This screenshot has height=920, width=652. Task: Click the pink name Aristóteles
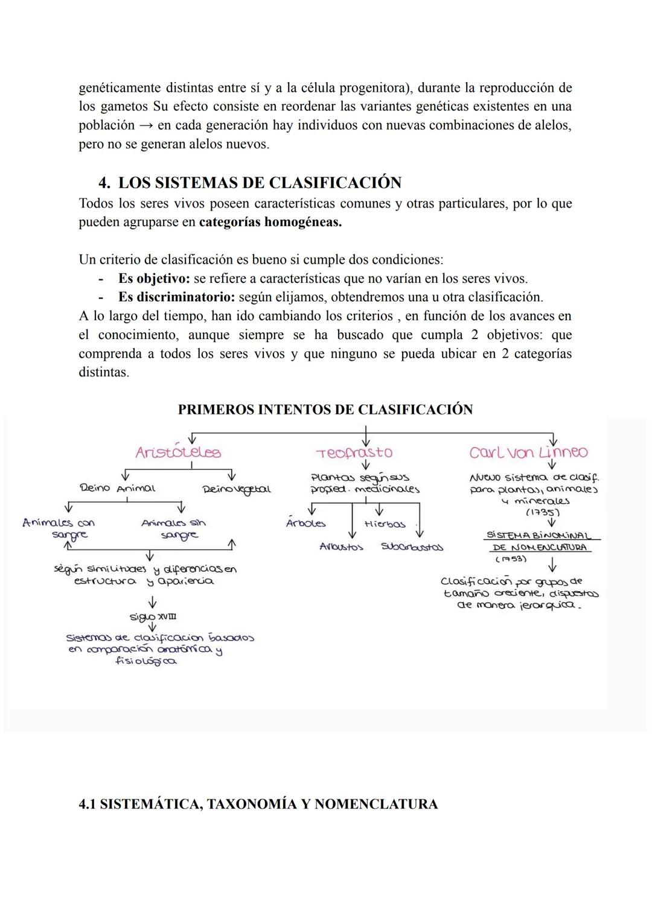click(x=178, y=452)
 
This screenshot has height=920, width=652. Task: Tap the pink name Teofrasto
click(x=354, y=452)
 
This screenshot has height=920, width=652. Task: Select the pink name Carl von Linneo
click(x=528, y=452)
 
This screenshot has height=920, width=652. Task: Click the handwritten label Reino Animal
click(x=117, y=488)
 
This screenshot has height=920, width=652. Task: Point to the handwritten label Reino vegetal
click(x=237, y=489)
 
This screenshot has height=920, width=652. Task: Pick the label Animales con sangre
click(x=59, y=528)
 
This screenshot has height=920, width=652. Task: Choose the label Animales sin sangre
click(x=173, y=529)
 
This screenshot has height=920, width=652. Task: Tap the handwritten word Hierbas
click(x=385, y=524)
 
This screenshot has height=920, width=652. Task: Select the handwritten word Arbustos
click(x=341, y=547)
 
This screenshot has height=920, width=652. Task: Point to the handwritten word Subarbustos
click(x=412, y=547)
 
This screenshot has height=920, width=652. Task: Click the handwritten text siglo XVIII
click(x=153, y=617)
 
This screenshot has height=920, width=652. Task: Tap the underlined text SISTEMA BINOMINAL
click(x=539, y=536)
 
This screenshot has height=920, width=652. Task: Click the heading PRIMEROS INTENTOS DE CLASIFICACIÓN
click(x=325, y=410)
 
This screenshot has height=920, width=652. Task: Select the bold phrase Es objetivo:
click(x=154, y=279)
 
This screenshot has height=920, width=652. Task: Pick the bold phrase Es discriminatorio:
click(x=176, y=297)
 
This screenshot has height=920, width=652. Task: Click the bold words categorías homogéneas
click(x=270, y=222)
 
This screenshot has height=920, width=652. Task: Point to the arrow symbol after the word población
click(x=145, y=125)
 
